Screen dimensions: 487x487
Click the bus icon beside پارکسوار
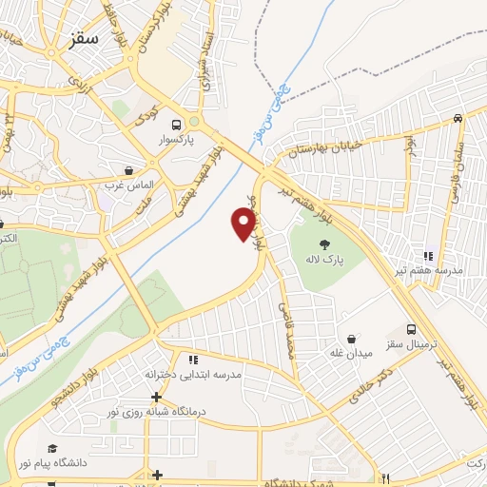click(x=176, y=125)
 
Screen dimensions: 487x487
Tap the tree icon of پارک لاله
click(x=326, y=243)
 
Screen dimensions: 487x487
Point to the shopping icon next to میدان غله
click(x=353, y=339)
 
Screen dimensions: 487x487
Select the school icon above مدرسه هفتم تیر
click(x=429, y=255)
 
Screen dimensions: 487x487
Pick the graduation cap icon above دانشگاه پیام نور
click(x=52, y=448)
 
